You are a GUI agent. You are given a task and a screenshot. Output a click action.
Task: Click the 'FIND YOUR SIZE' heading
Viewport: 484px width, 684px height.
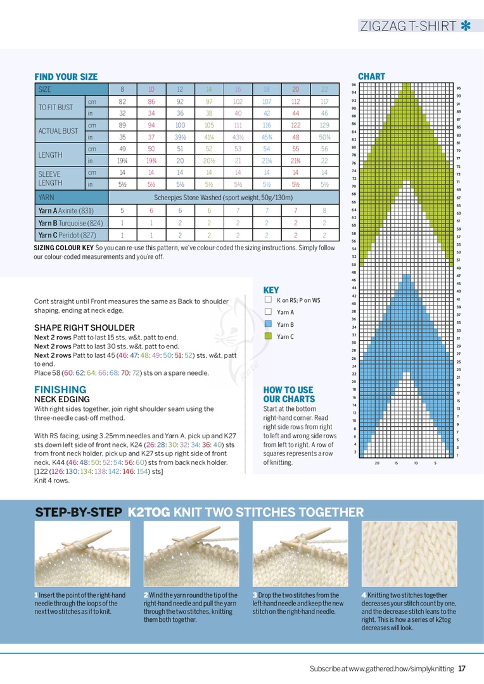66,77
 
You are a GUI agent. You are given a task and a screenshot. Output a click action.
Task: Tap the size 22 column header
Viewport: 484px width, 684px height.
324,89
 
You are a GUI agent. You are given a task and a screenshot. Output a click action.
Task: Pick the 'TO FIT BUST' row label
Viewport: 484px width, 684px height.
56,107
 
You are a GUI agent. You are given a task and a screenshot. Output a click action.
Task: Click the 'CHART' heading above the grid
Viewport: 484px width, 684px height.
371,76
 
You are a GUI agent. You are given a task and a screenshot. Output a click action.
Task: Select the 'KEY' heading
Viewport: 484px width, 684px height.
271,289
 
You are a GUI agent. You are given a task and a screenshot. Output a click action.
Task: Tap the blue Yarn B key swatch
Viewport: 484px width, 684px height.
268,324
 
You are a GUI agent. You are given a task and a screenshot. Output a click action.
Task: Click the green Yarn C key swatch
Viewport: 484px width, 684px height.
268,336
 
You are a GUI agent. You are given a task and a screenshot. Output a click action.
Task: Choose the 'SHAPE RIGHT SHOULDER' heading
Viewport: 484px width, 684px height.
84,327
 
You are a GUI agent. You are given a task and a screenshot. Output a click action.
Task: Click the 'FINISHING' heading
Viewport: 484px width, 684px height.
60,389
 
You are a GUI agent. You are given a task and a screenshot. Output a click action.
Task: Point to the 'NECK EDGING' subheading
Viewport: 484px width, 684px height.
61,400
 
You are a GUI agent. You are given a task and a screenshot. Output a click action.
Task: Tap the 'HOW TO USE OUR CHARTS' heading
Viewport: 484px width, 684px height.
288,394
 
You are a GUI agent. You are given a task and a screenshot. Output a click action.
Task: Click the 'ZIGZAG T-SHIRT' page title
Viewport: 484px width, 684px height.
408,26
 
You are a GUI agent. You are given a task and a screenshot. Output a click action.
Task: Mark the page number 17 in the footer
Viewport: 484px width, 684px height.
462,668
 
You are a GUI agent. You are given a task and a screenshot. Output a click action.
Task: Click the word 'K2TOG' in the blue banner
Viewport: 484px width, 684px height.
148,512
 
